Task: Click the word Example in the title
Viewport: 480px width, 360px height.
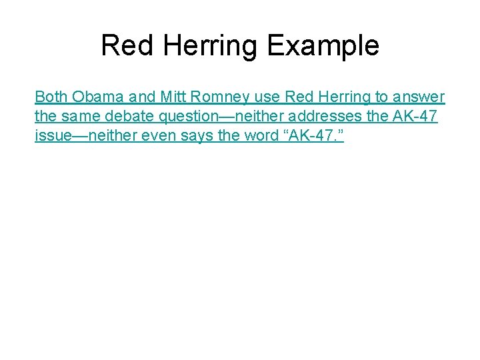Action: point(323,46)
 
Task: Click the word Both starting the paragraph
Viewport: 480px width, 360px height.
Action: point(51,97)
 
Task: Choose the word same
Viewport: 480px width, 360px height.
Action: point(79,117)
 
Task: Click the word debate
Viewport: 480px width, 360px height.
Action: point(129,117)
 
